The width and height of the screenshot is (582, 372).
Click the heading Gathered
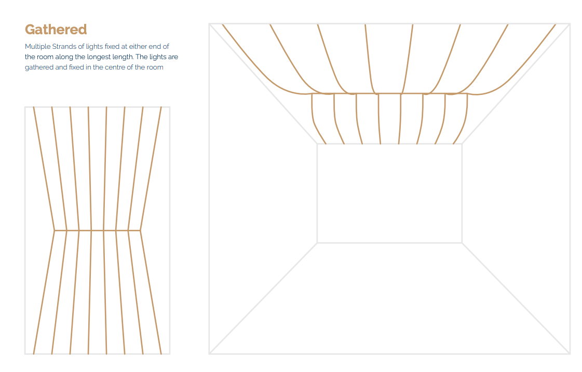pos(56,30)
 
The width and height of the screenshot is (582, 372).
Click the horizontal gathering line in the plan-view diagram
pos(97,230)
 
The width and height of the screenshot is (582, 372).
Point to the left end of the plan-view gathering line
pos(54,230)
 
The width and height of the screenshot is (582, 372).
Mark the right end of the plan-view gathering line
pos(140,230)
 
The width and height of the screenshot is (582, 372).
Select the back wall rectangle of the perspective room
pos(317,193)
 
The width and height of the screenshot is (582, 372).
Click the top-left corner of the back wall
pos(317,144)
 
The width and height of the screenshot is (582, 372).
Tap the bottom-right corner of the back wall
pos(462,243)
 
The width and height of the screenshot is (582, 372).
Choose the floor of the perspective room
pos(389,298)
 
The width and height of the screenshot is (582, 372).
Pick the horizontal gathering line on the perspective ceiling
pos(389,93)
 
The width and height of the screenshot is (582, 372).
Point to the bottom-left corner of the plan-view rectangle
pos(25,354)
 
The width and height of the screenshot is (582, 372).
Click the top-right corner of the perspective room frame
pos(570,24)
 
